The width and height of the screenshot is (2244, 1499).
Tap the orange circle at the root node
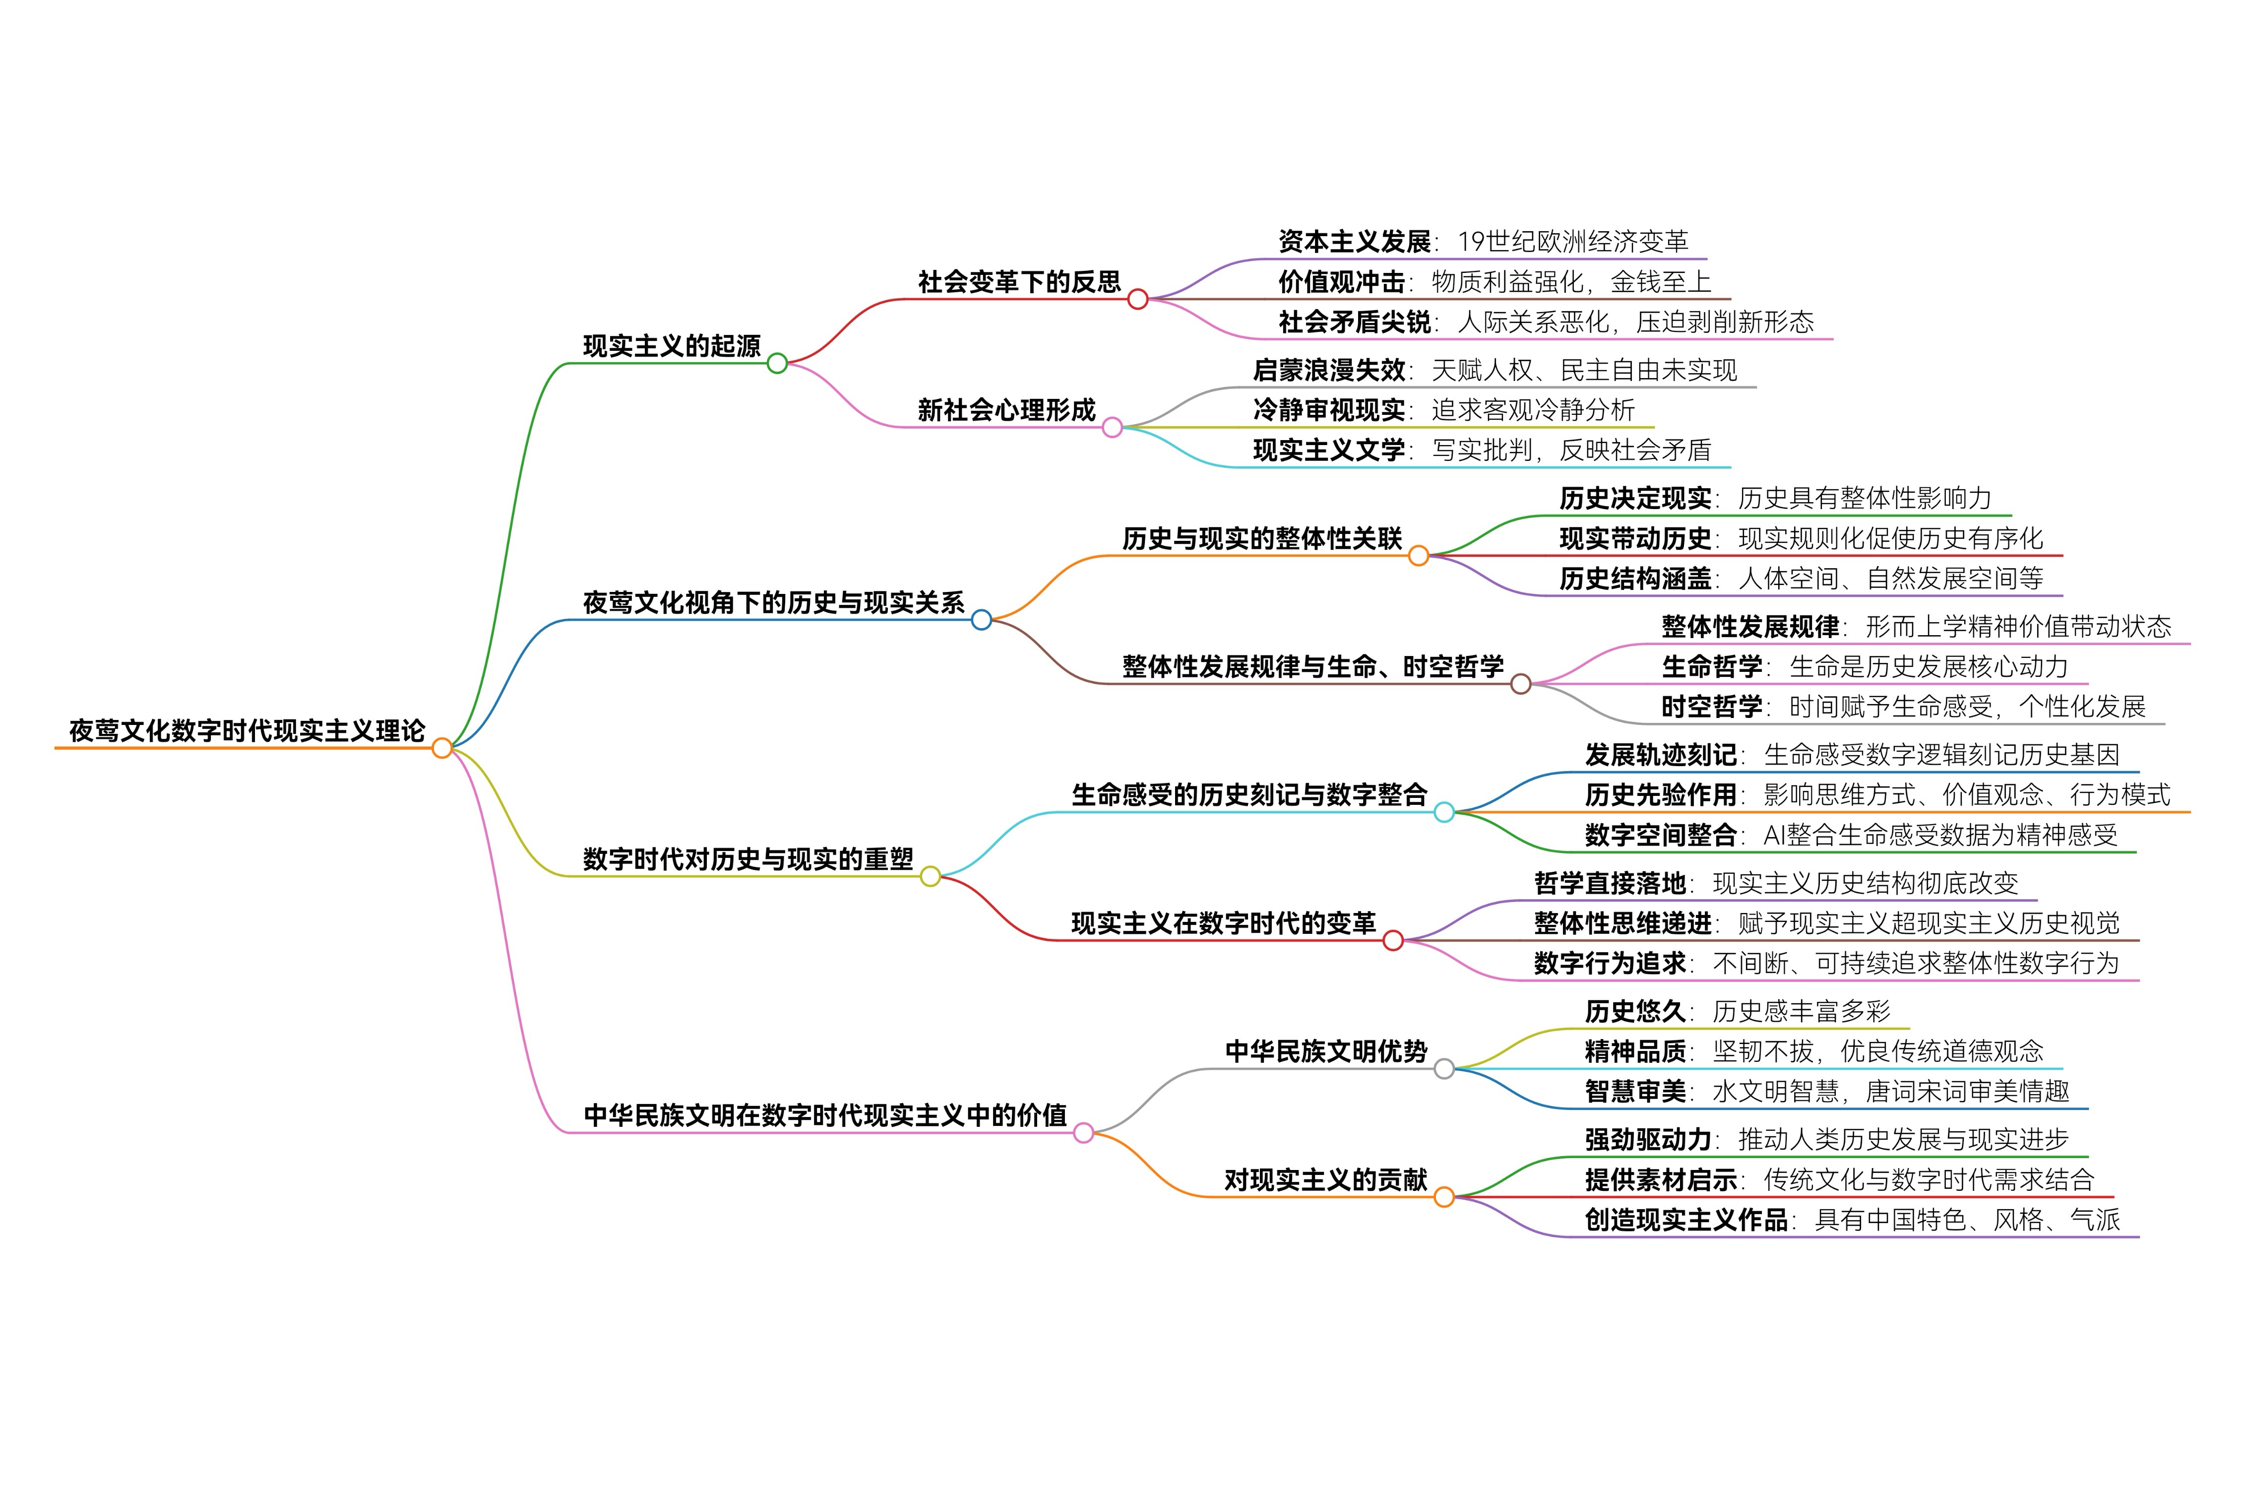441,748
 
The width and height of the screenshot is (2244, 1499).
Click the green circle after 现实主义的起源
777,363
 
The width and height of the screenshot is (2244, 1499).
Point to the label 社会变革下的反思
1019,282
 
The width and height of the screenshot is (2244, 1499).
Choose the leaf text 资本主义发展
1354,242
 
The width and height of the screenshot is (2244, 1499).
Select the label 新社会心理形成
1006,410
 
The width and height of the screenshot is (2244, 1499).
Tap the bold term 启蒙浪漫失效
1328,370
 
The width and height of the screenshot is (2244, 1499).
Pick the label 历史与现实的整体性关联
1261,539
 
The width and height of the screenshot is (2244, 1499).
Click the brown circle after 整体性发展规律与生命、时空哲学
1520,684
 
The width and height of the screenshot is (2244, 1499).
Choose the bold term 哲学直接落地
1610,883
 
